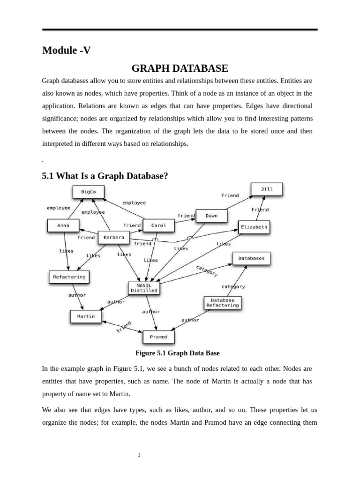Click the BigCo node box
(x=89, y=192)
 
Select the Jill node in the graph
(x=266, y=189)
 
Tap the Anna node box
(x=63, y=225)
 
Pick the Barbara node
(x=114, y=238)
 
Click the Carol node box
(x=158, y=225)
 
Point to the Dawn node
(x=211, y=216)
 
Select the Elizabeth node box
(x=254, y=227)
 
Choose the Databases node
(x=251, y=258)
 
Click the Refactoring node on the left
(x=69, y=277)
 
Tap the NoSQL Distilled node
(x=144, y=288)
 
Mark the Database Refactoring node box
(x=223, y=302)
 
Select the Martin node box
(x=86, y=316)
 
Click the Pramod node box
(x=158, y=337)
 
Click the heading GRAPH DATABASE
(x=180, y=68)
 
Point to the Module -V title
(x=67, y=51)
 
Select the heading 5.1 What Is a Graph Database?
(x=105, y=176)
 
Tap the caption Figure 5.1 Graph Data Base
(x=177, y=353)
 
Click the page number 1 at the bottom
(x=139, y=455)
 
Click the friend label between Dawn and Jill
(x=230, y=195)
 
